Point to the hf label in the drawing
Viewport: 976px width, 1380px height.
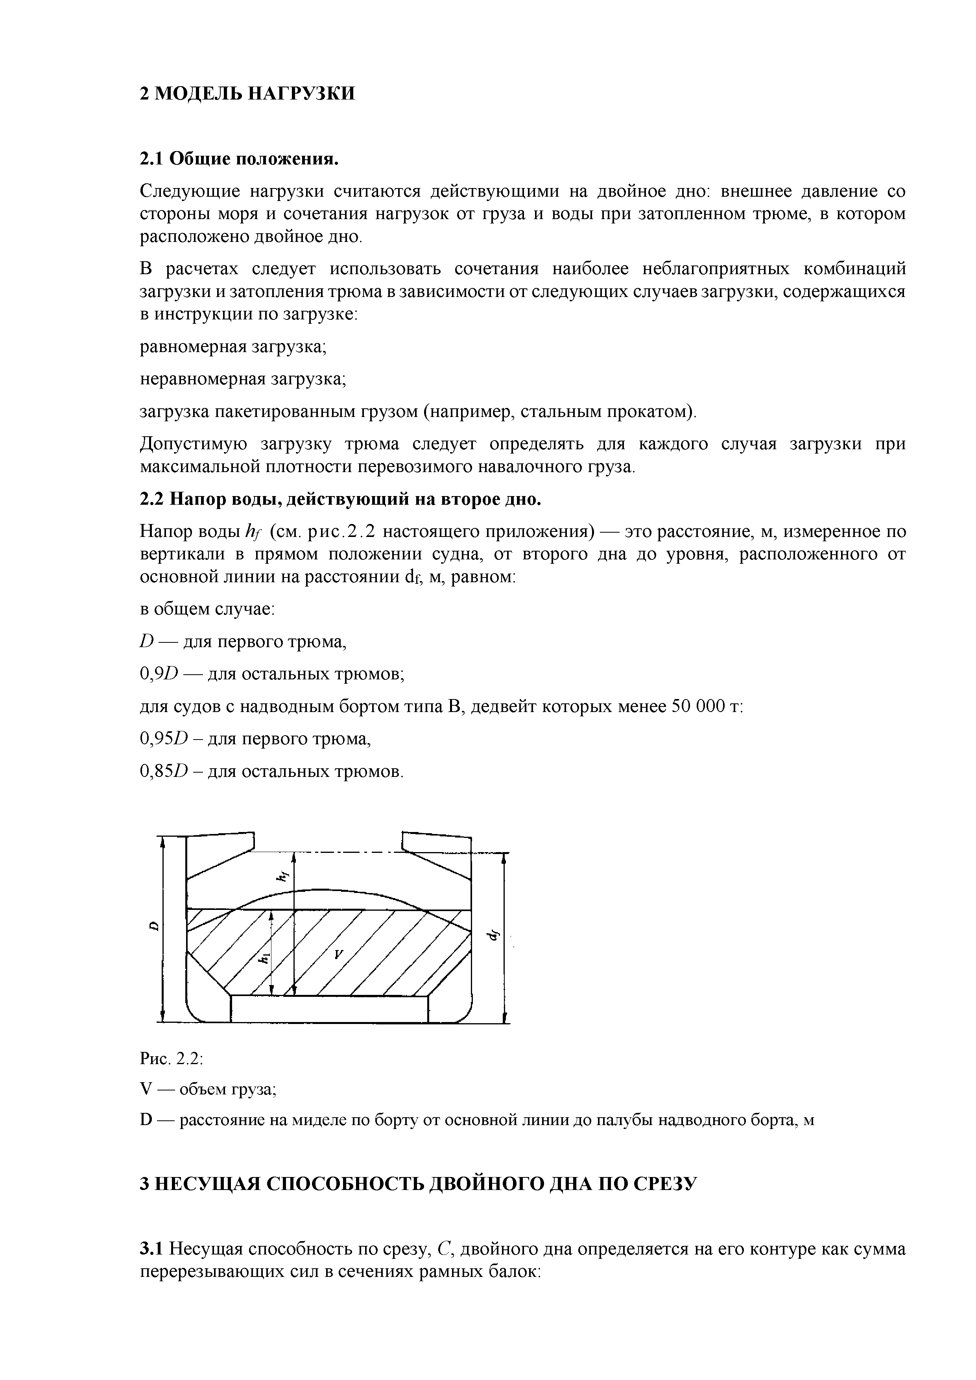coord(280,876)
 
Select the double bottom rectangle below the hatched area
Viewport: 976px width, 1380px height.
coord(329,1008)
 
